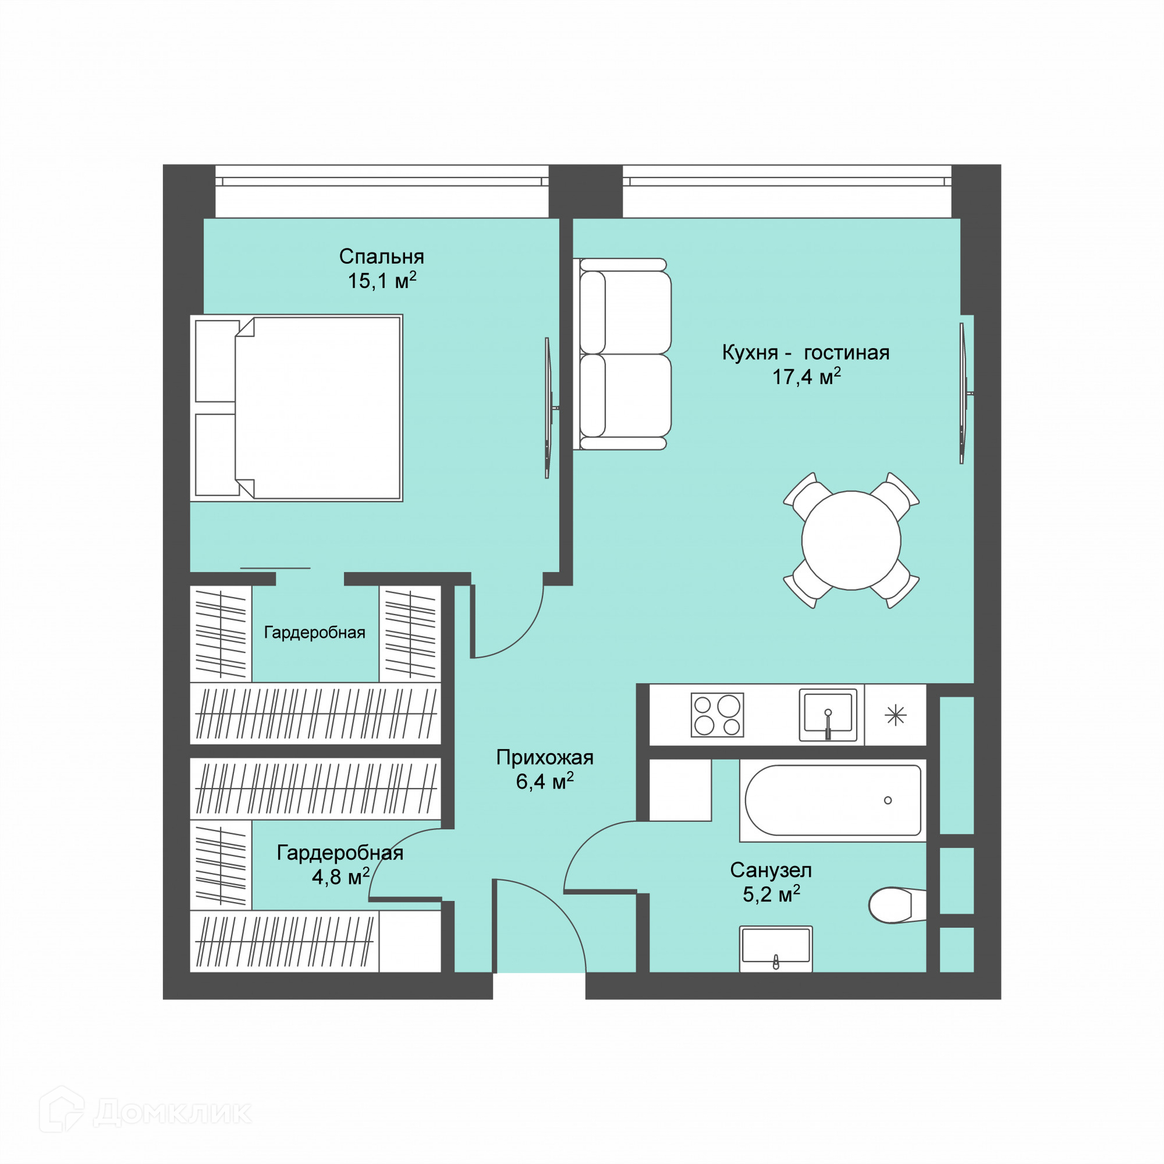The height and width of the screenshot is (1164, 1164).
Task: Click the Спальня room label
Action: tap(381, 256)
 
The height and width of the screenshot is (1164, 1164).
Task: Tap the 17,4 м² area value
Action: tap(806, 376)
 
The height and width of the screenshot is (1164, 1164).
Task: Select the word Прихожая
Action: tap(544, 758)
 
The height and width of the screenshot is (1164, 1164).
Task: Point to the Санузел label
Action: tap(771, 871)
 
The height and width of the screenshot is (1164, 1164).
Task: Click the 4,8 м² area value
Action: tap(341, 877)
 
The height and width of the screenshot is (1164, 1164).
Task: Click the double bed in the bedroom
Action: tap(296, 408)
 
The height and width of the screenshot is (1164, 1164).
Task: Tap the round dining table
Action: tap(851, 540)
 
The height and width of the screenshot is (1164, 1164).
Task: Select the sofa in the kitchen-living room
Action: tap(623, 354)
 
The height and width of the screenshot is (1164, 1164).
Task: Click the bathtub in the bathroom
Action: tap(833, 801)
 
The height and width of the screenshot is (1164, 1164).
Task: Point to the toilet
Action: tap(897, 906)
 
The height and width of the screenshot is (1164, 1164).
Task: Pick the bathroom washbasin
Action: tap(776, 949)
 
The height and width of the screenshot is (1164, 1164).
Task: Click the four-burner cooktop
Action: tap(717, 715)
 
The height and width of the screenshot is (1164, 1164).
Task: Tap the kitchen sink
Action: tap(828, 715)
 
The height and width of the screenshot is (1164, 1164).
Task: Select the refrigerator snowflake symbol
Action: tap(895, 716)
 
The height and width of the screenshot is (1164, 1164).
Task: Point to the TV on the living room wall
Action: tap(965, 393)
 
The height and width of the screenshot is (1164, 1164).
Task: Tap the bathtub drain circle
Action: tap(888, 800)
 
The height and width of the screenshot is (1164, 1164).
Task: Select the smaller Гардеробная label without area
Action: tap(315, 633)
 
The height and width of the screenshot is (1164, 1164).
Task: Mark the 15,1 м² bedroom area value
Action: tap(382, 281)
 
